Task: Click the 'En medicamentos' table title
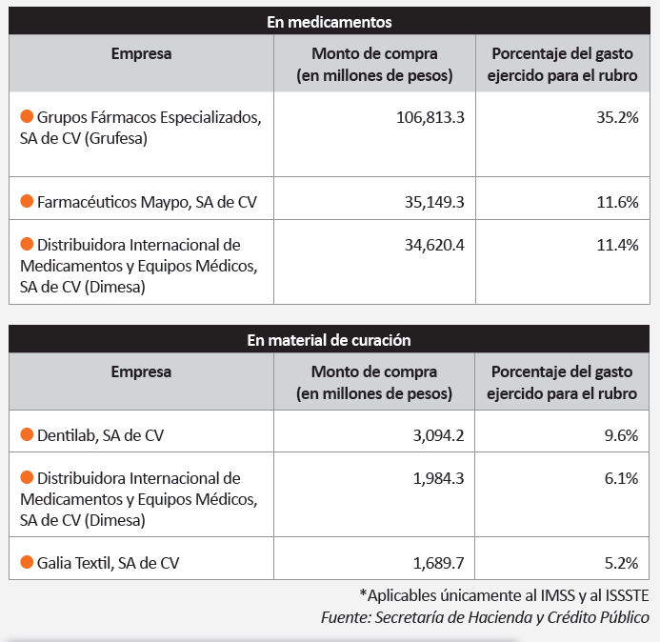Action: click(x=330, y=22)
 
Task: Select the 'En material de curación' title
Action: click(x=329, y=340)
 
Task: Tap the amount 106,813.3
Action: click(x=430, y=117)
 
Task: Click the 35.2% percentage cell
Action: click(x=617, y=117)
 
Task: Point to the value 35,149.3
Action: click(x=434, y=202)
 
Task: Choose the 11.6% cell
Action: click(x=617, y=202)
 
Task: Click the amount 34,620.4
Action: click(x=434, y=245)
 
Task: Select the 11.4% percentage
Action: click(x=617, y=245)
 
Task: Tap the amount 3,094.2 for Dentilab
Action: click(x=438, y=435)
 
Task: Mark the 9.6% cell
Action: click(x=621, y=435)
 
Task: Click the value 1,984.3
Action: click(x=438, y=478)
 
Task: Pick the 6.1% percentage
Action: click(x=621, y=478)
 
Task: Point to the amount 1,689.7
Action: click(x=438, y=563)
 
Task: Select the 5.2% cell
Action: click(x=621, y=563)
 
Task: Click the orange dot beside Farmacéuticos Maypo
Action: click(x=27, y=201)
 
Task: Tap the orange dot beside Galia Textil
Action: click(x=27, y=562)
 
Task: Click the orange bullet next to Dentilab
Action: click(x=27, y=434)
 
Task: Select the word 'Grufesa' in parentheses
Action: click(x=116, y=138)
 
